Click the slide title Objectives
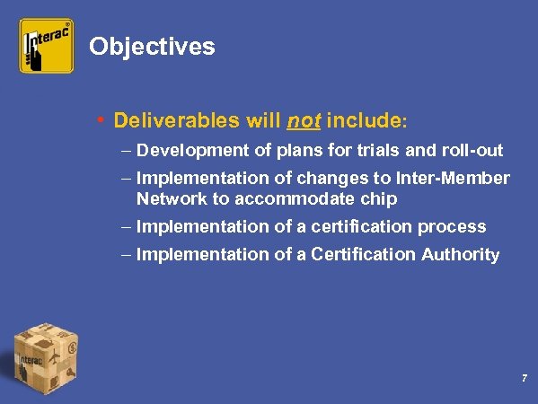pos(153,47)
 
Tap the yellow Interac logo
pos(47,46)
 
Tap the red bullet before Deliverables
pos(103,119)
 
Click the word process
pos(454,226)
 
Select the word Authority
pos(457,255)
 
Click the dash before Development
pos(127,150)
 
